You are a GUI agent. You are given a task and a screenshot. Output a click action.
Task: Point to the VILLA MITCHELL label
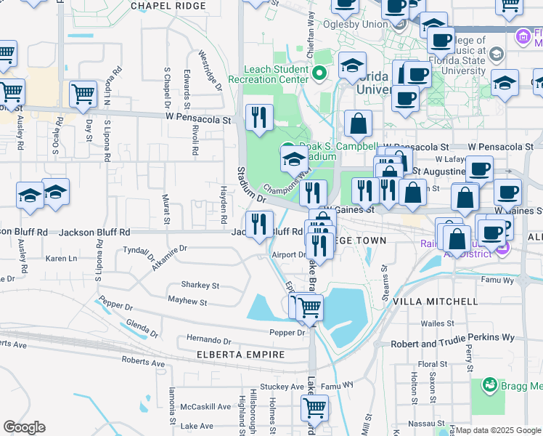(x=435, y=301)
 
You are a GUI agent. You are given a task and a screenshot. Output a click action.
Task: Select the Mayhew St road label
(x=187, y=301)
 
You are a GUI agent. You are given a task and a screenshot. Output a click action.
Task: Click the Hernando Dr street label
(x=208, y=340)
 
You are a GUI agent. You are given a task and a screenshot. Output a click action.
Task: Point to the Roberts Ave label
(x=143, y=361)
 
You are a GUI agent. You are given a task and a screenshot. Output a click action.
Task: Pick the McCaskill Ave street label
(x=206, y=406)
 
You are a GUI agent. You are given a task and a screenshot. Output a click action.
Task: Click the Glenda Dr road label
(x=142, y=328)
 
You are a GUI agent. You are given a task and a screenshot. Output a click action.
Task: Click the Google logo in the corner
(x=24, y=427)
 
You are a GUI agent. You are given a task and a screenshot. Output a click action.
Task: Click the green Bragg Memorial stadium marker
(x=489, y=384)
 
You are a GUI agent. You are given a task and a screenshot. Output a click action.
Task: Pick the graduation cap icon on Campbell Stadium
(x=293, y=159)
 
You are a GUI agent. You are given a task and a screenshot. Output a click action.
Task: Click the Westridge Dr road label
(x=209, y=70)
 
